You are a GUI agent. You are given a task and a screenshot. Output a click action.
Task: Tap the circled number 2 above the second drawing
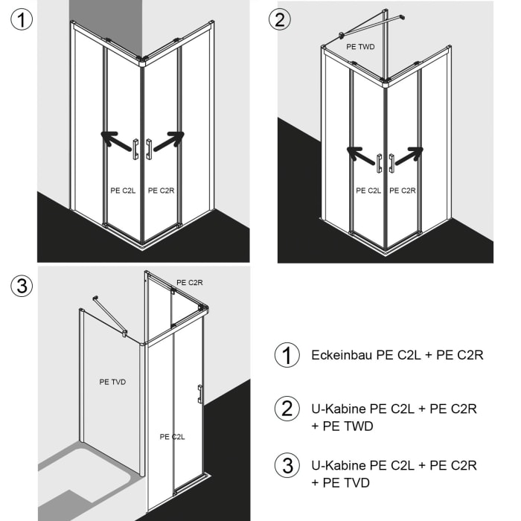279,19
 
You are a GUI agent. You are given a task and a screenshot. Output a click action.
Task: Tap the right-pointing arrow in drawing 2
409,155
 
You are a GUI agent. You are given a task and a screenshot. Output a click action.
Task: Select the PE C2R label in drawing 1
161,191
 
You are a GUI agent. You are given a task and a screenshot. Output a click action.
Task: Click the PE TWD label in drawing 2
361,46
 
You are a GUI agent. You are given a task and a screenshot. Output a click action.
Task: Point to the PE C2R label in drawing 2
403,191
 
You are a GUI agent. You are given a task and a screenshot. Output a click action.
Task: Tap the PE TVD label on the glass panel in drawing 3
112,382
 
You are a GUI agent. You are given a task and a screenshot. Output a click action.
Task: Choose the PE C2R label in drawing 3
190,283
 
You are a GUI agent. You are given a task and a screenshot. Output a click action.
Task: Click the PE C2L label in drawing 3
173,436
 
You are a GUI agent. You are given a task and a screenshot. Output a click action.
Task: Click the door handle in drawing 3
199,394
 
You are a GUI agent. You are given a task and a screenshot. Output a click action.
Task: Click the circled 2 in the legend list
287,409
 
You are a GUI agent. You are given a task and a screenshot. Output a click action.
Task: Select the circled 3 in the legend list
287,466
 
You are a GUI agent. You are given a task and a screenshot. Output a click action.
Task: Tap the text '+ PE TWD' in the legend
342,426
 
